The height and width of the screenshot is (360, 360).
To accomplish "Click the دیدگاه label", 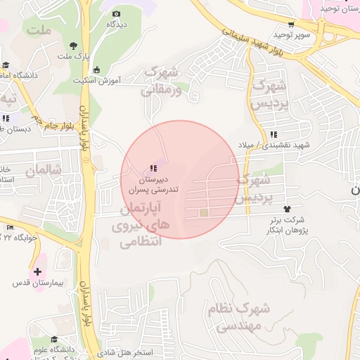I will pyautogui.click(x=117, y=24).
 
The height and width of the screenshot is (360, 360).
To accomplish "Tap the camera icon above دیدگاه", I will pyautogui.click(x=117, y=13).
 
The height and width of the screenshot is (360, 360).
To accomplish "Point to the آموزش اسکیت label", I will pyautogui.click(x=96, y=80).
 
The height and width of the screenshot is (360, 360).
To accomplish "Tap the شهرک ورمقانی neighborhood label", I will pyautogui.click(x=162, y=81).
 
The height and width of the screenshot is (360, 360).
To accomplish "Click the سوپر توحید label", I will pyautogui.click(x=288, y=34).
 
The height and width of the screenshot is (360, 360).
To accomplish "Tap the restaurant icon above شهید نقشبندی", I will pyautogui.click(x=273, y=134).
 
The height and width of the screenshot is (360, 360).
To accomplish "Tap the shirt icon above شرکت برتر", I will pyautogui.click(x=287, y=209).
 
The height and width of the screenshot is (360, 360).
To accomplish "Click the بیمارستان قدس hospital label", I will pyautogui.click(x=38, y=283).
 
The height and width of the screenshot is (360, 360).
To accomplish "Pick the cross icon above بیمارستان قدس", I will pyautogui.click(x=37, y=271).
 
